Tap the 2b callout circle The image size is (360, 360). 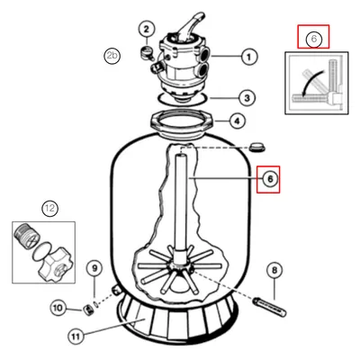click(112, 56)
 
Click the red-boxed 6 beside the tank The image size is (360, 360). click(267, 179)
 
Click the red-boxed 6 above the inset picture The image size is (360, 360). click(313, 38)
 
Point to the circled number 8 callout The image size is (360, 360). click(274, 268)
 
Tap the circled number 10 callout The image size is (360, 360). click(58, 309)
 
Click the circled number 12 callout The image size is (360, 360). click(50, 209)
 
